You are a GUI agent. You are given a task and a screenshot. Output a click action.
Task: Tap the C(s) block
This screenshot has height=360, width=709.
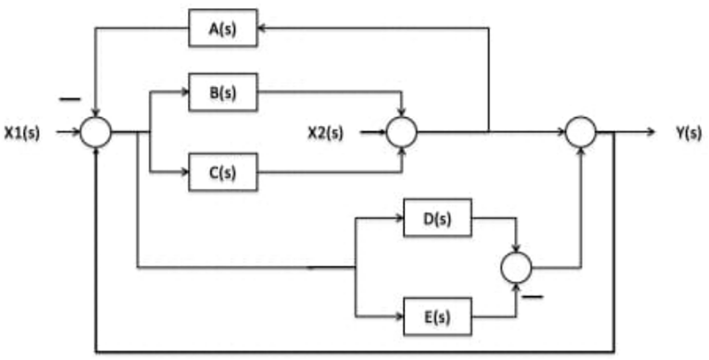(222, 172)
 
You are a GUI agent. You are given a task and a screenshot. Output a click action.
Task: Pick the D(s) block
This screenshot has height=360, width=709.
(438, 218)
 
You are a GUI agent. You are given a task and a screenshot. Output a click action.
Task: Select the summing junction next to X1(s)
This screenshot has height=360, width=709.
(95, 134)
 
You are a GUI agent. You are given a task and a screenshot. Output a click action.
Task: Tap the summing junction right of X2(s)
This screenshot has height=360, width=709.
(402, 134)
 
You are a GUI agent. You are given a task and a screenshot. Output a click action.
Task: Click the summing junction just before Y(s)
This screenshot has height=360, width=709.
(581, 134)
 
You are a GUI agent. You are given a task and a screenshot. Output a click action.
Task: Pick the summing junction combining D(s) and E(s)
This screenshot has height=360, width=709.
(515, 266)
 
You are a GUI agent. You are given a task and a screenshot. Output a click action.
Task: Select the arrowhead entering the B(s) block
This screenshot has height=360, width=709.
(183, 90)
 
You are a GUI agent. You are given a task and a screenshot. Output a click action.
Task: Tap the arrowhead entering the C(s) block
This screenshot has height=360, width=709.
(183, 172)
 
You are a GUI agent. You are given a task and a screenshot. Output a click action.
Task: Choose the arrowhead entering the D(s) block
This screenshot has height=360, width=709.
(398, 218)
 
